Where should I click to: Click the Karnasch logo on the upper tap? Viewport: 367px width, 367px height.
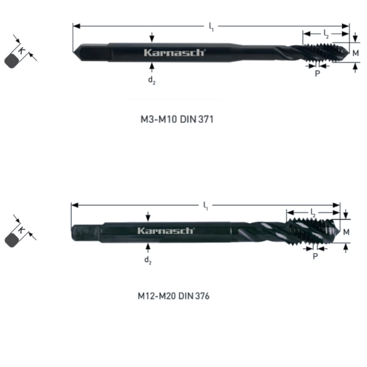pyautogui.click(x=175, y=52)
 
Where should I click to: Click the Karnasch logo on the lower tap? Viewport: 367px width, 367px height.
pyautogui.click(x=166, y=231)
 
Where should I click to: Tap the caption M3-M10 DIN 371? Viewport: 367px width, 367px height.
pyautogui.click(x=177, y=119)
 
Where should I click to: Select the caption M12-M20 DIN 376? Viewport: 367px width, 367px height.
pyautogui.click(x=174, y=296)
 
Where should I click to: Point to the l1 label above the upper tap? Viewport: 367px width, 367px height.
pyautogui.click(x=211, y=27)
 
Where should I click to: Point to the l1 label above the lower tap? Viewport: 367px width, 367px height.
pyautogui.click(x=206, y=206)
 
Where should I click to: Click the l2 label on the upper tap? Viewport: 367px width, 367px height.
pyautogui.click(x=326, y=34)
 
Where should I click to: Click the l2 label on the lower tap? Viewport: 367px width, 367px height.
pyautogui.click(x=313, y=213)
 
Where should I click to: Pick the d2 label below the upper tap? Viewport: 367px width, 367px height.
pyautogui.click(x=152, y=80)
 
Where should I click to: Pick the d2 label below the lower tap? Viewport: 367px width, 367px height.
pyautogui.click(x=148, y=260)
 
